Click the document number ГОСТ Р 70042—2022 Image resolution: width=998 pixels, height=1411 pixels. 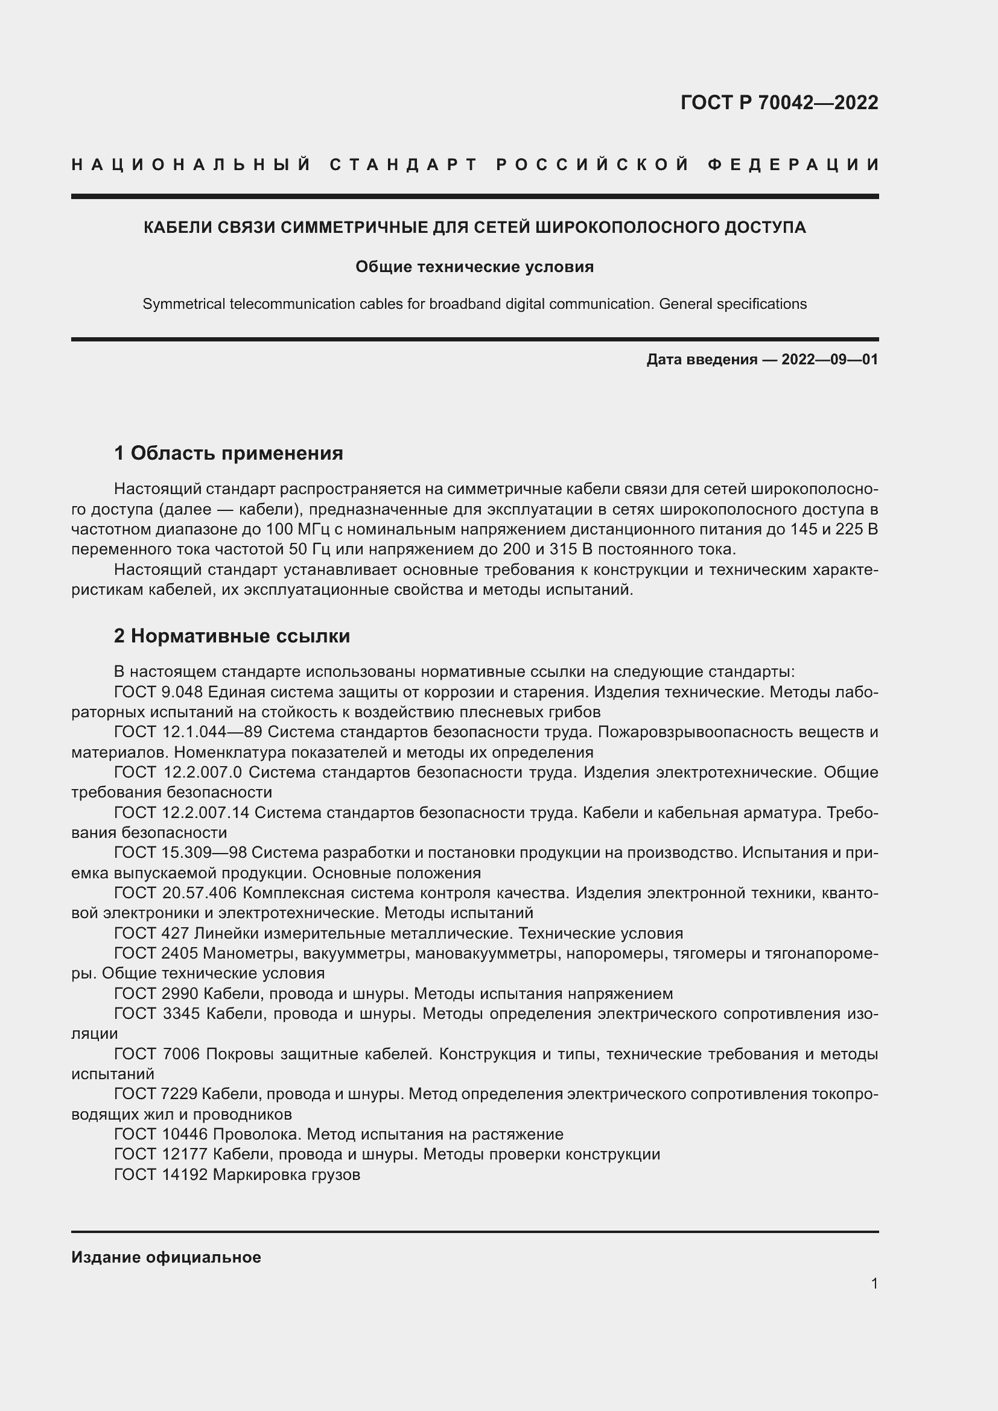coord(778,103)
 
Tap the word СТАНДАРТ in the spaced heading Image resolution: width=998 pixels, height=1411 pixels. coord(404,165)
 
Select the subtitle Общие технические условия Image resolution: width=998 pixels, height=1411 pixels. coord(474,267)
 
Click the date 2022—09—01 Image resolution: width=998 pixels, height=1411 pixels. coord(830,360)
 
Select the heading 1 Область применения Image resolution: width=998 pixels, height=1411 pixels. coord(229,454)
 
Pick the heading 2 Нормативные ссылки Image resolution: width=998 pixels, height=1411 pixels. coord(232,636)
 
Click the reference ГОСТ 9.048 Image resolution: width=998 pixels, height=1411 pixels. coord(159,692)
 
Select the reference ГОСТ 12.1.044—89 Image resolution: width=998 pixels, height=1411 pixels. coord(188,732)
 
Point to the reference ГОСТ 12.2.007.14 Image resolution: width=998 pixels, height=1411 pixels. coord(182,813)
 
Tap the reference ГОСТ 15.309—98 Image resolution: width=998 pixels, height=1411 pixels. coord(180,852)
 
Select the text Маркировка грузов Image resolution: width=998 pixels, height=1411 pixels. coord(287,1175)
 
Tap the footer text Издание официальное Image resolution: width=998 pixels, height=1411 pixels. coord(166,1257)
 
